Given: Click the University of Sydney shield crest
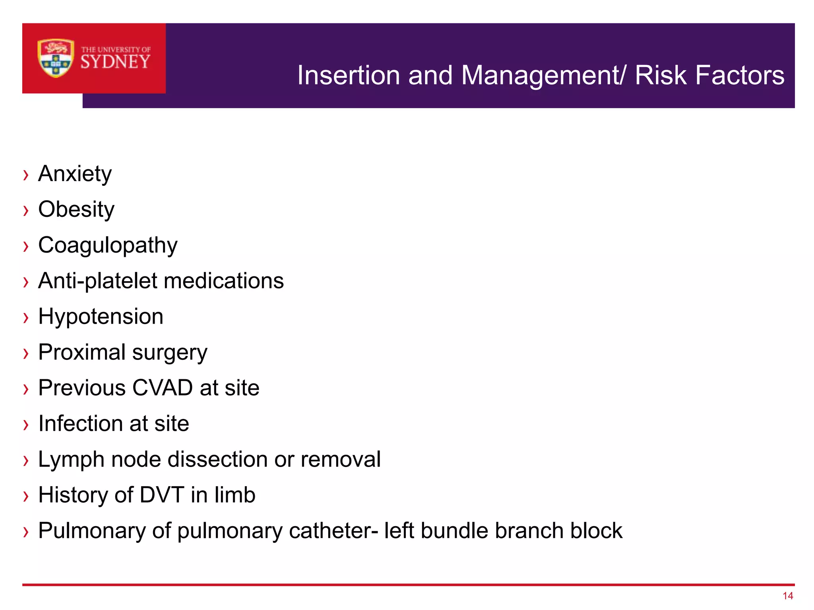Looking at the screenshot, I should tap(56, 58).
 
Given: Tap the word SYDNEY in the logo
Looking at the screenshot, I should tap(116, 62).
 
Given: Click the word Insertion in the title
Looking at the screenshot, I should tap(348, 75).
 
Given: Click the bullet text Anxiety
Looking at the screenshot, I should tap(75, 174).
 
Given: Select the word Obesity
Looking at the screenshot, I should tap(76, 209).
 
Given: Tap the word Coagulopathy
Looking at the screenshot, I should tap(108, 245).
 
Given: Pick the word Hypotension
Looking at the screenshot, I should tap(101, 317).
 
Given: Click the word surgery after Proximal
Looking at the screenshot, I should tap(170, 353).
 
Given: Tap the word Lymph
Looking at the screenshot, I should tap(71, 460).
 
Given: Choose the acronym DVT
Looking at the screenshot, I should tap(162, 495).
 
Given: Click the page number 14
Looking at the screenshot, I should tap(788, 596).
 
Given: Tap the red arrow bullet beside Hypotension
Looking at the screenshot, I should tap(26, 317).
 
